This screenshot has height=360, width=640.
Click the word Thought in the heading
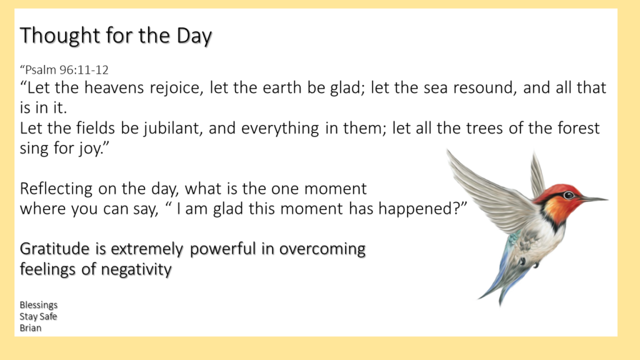click(x=59, y=36)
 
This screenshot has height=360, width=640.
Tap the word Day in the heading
click(x=194, y=36)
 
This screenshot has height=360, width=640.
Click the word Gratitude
click(x=55, y=249)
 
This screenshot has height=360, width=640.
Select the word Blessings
click(x=39, y=305)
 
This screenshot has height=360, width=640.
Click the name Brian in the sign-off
click(x=31, y=327)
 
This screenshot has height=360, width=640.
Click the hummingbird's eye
click(x=569, y=195)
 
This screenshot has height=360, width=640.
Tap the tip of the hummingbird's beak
click(x=607, y=199)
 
